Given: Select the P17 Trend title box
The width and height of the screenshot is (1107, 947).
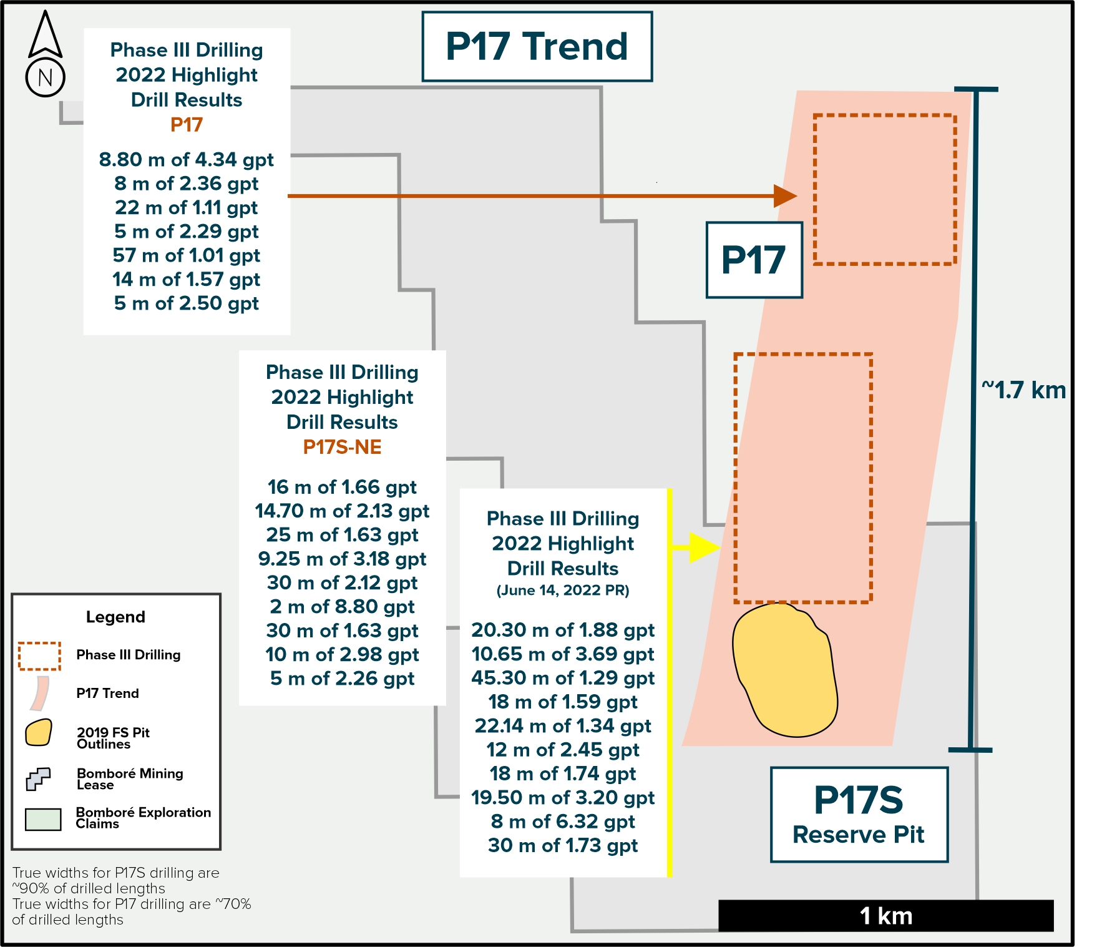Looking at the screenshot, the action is click(x=537, y=47).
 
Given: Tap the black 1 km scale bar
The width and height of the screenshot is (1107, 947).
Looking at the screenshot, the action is click(x=886, y=916).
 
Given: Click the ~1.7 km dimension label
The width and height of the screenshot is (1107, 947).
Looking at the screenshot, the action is click(x=1023, y=390).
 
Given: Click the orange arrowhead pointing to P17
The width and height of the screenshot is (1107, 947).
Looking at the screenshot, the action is click(x=786, y=196).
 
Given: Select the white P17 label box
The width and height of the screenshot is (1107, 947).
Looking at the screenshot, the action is click(x=754, y=260).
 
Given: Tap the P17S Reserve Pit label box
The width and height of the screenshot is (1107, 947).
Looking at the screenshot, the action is click(x=859, y=815).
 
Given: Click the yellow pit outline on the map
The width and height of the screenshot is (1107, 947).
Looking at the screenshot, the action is click(x=784, y=670).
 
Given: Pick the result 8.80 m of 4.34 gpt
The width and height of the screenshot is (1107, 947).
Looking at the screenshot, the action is click(x=187, y=160).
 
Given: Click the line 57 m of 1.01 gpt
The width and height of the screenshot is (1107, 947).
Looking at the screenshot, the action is click(x=187, y=255).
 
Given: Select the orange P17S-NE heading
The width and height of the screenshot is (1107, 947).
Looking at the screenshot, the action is click(x=342, y=447).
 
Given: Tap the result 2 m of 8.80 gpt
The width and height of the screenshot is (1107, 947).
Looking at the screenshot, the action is click(x=342, y=607).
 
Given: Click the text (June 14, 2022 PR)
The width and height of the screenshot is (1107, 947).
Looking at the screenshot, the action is click(x=563, y=591).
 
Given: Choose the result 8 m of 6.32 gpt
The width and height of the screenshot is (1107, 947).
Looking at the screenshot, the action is click(x=563, y=822).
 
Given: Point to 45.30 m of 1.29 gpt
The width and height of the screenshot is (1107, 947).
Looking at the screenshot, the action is click(x=563, y=678).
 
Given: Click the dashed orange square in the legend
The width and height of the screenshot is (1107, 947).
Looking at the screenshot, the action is click(x=39, y=656).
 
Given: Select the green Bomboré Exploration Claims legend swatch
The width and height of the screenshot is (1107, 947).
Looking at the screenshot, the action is click(x=43, y=820).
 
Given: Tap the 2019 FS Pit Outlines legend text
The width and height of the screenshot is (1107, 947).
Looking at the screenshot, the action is click(x=113, y=738).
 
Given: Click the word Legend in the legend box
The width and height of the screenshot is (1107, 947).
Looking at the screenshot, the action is click(x=115, y=617).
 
